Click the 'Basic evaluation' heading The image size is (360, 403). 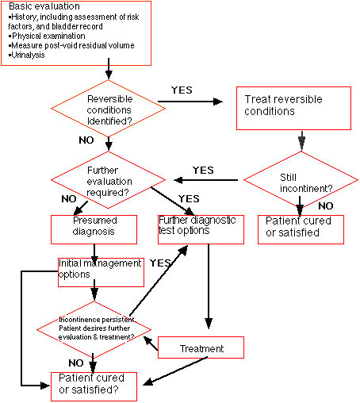pyautogui.click(x=44, y=6)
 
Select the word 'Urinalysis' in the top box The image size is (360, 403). pyautogui.click(x=28, y=55)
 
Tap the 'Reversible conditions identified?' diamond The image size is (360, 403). pyautogui.click(x=109, y=109)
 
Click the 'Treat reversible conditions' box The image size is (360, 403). pyautogui.click(x=293, y=108)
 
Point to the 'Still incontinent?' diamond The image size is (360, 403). pyautogui.click(x=301, y=180)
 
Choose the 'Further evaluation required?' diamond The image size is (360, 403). pyautogui.click(x=109, y=180)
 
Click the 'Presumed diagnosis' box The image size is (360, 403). pyautogui.click(x=94, y=229)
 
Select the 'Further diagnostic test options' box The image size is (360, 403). pyautogui.click(x=201, y=229)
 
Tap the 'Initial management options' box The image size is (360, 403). pyautogui.click(x=101, y=272)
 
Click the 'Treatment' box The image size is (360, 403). pyautogui.click(x=201, y=347)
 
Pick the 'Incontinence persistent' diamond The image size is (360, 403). pyautogui.click(x=94, y=330)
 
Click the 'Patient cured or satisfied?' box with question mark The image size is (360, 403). pyautogui.click(x=94, y=386)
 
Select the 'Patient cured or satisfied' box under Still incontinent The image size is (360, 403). pyautogui.click(x=301, y=229)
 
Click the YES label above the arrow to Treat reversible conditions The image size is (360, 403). pyautogui.click(x=182, y=90)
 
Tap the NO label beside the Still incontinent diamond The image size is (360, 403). pyautogui.click(x=326, y=206)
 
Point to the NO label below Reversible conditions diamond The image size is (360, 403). pyautogui.click(x=86, y=140)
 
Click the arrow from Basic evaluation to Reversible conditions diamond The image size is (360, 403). pyautogui.click(x=109, y=69)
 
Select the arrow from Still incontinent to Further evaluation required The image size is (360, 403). pyautogui.click(x=206, y=180)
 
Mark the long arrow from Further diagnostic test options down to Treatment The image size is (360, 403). pyautogui.click(x=209, y=286)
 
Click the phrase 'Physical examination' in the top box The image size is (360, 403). pyautogui.click(x=48, y=36)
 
